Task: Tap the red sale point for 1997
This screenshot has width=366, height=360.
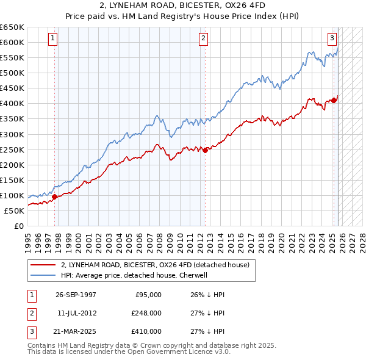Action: pyautogui.click(x=55, y=196)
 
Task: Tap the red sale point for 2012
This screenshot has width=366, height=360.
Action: pyautogui.click(x=205, y=150)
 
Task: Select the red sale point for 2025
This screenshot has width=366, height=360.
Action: pyautogui.click(x=334, y=100)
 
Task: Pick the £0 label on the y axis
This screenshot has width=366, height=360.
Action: pyautogui.click(x=18, y=226)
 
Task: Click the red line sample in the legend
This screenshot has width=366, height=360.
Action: pyautogui.click(x=43, y=265)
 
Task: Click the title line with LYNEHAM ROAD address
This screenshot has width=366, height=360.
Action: pyautogui.click(x=183, y=5)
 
